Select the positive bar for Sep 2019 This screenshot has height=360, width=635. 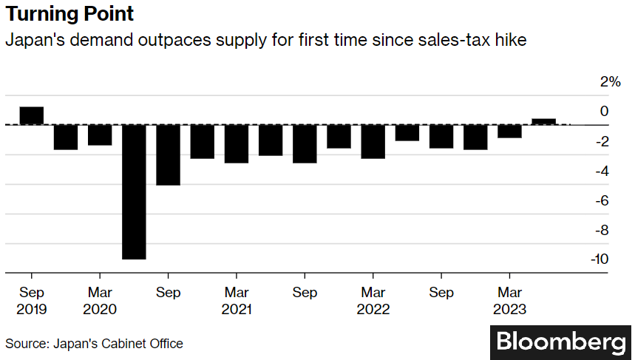tap(32, 115)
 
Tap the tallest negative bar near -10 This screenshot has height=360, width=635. tap(134, 191)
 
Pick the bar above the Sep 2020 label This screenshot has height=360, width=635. tap(168, 154)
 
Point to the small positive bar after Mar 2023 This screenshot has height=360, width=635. tap(543, 121)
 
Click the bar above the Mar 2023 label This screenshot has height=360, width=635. tap(509, 132)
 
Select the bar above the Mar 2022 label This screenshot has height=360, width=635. tap(373, 142)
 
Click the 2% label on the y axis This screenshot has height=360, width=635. tap(610, 81)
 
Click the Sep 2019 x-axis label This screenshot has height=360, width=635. tap(32, 301)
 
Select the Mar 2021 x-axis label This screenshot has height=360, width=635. tap(237, 301)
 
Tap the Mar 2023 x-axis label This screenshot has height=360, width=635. tap(509, 301)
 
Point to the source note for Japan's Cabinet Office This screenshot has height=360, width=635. tap(94, 344)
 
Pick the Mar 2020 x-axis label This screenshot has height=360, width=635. tap(100, 301)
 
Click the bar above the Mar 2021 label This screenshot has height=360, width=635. tap(237, 143)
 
